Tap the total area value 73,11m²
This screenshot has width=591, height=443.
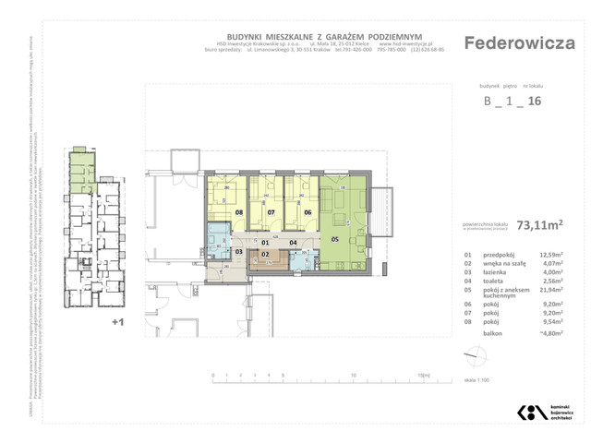click(542, 222)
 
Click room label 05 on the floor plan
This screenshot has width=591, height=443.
click(335, 239)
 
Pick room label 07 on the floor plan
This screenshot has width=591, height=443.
click(271, 211)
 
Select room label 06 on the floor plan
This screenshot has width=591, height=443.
click(308, 211)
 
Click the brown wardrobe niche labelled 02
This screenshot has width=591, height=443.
click(264, 254)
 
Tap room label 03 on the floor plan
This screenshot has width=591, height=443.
click(238, 251)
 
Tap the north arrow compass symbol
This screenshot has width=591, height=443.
click(474, 355)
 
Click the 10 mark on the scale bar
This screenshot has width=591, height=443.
click(355, 376)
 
